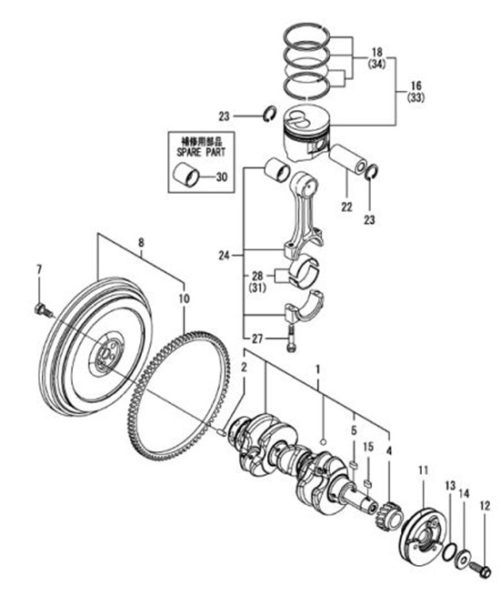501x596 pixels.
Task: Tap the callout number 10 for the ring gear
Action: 184,298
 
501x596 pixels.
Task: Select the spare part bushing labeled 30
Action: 186,176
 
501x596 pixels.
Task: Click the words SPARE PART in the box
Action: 201,153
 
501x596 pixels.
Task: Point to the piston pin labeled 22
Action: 348,158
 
